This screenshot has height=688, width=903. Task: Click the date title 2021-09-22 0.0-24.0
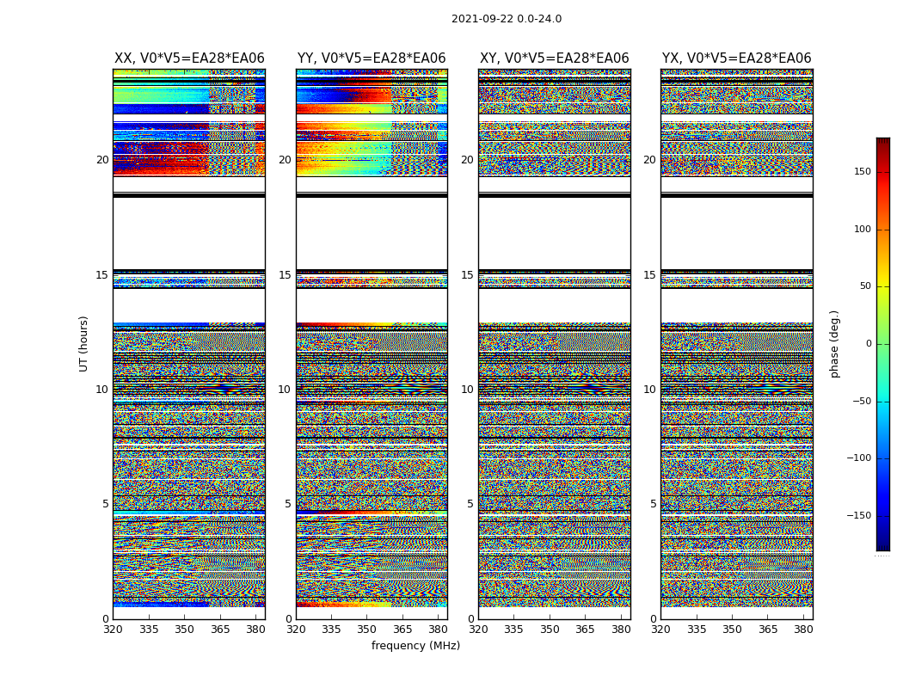pos(506,19)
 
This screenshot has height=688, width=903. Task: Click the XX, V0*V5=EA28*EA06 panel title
pos(189,58)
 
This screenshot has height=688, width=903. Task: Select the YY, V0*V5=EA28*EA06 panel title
pos(372,58)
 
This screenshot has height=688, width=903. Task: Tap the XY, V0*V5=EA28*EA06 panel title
pos(554,58)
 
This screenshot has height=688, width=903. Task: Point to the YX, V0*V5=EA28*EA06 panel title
pos(736,58)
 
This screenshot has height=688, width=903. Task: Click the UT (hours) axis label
pos(84,343)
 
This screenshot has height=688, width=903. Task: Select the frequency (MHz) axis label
pos(415,646)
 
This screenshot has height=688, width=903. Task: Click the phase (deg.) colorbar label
pos(834,343)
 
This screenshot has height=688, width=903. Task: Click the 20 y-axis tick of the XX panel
pos(102,160)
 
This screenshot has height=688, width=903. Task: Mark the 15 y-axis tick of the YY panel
pos(285,275)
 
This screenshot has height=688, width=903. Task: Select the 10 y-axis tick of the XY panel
pos(467,390)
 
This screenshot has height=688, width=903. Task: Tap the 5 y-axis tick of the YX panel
pos(653,504)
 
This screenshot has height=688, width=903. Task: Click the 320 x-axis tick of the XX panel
pos(114,630)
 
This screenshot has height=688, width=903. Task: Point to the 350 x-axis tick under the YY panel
pos(367,630)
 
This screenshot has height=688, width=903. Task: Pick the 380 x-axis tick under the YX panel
pos(803,630)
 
